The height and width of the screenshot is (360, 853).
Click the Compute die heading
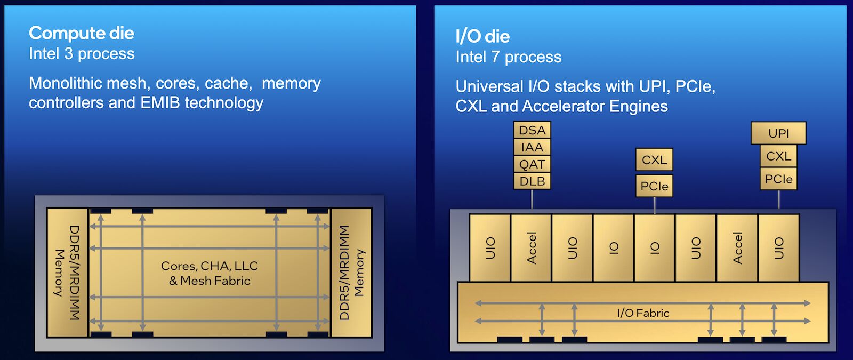coord(82,33)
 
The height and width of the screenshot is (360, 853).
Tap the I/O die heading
coord(482,37)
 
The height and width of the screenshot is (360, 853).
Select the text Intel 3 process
coord(82,54)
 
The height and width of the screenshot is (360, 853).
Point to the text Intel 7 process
coord(509,57)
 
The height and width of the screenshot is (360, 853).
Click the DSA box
coord(532,130)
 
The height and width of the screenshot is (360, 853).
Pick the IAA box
coord(532,147)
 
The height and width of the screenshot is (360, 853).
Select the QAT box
coord(532,164)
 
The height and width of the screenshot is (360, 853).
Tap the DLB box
coord(532,181)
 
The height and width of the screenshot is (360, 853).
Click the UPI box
coord(778,133)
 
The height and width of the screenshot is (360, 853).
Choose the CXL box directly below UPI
coord(778,156)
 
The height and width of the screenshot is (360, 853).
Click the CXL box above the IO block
coord(654,159)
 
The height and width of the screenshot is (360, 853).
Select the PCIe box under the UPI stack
coord(778,179)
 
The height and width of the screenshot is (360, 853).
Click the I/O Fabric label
coord(643,313)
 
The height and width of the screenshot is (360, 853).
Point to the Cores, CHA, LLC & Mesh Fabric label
coord(210,273)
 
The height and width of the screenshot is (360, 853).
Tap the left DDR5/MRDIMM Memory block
coord(67,273)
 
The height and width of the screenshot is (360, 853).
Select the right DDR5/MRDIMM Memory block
coord(351,273)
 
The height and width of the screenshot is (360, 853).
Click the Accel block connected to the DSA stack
coord(531,247)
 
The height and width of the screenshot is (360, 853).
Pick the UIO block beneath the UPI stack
coord(779,247)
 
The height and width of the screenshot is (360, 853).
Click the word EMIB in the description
coord(160,103)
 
